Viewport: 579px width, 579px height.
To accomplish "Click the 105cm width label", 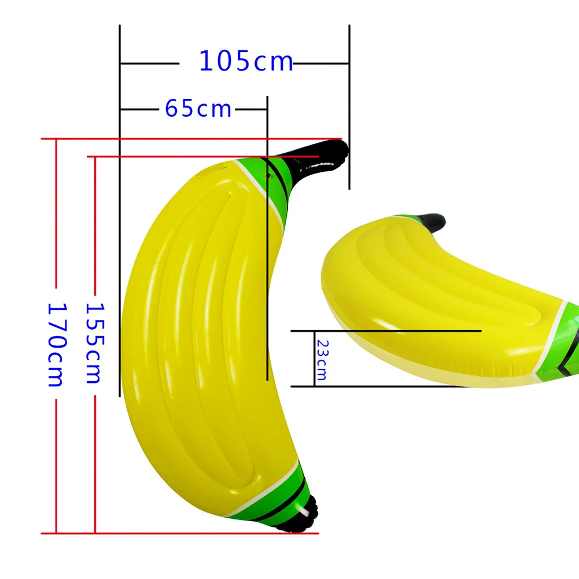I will tap(246, 61).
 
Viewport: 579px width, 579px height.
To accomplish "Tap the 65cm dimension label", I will tap(198, 108).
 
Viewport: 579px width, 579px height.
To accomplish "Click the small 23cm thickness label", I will tap(321, 359).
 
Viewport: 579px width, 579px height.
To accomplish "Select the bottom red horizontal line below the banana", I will tap(174, 533).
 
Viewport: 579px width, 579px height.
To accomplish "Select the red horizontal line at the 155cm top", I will tap(174, 157).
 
